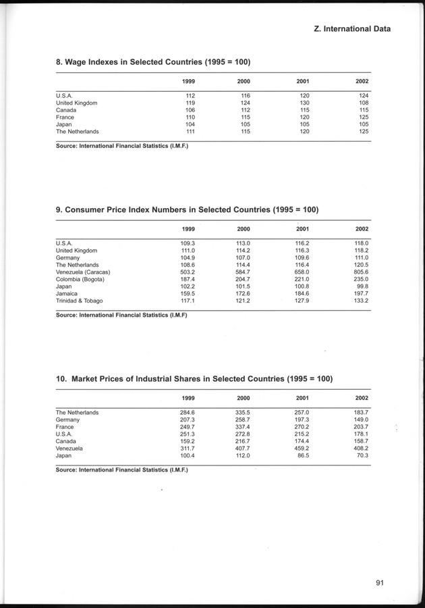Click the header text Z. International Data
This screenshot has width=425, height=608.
pos(353,29)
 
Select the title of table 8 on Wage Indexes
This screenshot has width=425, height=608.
pos(153,62)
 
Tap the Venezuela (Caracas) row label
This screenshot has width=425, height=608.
pos(83,272)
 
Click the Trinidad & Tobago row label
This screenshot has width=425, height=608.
pos(80,301)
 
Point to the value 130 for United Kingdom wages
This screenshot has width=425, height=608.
pos(304,103)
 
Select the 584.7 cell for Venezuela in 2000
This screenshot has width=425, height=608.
pos(242,272)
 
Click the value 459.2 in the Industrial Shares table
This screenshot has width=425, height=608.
pos(302,449)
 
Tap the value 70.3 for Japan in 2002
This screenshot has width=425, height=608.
pos(362,456)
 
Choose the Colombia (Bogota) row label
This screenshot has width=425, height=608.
pos(81,280)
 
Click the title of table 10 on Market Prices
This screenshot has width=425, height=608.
pos(194,379)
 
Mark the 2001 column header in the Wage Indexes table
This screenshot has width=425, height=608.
pos(303,81)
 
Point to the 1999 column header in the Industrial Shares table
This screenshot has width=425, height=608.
pos(189,398)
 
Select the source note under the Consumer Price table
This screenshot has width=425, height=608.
pos(121,315)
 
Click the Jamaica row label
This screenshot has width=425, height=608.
pos(67,294)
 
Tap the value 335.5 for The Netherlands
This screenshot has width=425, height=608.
pos(243,412)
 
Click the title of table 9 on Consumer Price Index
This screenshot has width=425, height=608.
pos(187,209)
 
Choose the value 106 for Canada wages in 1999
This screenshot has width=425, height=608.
pos(190,110)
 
